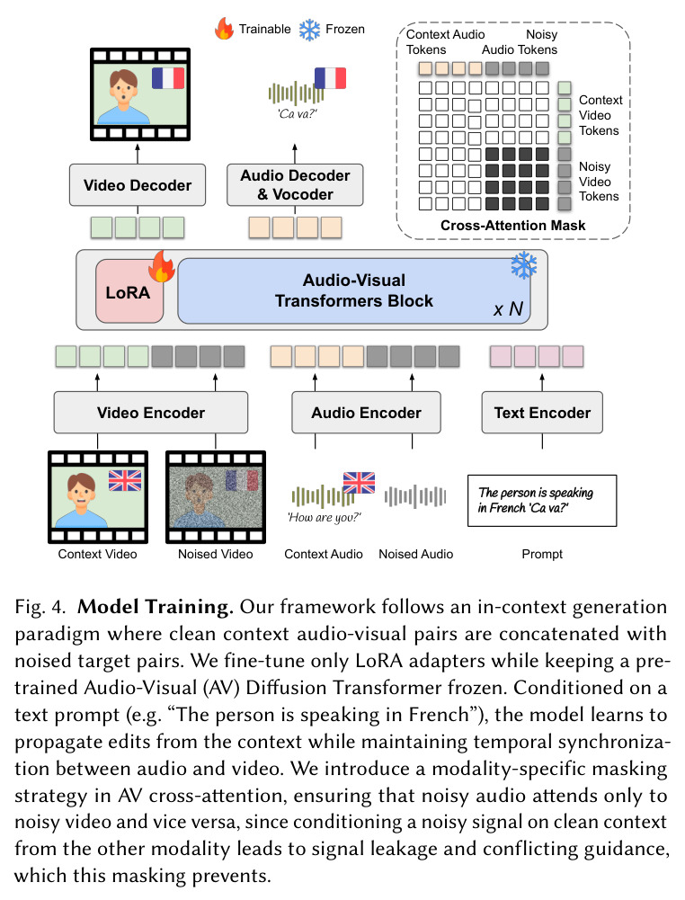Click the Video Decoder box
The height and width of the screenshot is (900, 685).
[138, 185]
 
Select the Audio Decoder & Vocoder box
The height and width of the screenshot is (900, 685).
[295, 185]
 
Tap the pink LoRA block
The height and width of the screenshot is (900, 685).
[129, 291]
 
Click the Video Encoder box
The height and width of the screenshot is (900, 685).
[151, 412]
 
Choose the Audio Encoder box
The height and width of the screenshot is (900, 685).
[366, 412]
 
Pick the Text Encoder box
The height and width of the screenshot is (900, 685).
[542, 412]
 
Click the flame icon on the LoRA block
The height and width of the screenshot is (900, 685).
[162, 266]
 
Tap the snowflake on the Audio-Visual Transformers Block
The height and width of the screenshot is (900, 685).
[524, 265]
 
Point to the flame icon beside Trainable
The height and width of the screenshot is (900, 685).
[225, 28]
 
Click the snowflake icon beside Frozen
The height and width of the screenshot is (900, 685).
[310, 30]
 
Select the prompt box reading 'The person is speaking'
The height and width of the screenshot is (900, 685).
[542, 501]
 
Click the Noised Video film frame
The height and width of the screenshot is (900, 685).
[216, 497]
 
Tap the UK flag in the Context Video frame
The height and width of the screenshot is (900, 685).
[125, 480]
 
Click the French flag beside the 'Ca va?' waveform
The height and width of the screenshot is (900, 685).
[331, 78]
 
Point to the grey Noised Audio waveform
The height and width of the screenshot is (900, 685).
[415, 496]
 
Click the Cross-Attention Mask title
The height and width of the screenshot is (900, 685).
[513, 225]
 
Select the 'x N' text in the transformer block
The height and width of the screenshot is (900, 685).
[508, 308]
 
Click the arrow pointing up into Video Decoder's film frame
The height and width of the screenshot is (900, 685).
[138, 154]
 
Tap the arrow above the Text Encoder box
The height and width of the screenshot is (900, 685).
[542, 382]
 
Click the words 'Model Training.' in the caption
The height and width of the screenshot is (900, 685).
[156, 607]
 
